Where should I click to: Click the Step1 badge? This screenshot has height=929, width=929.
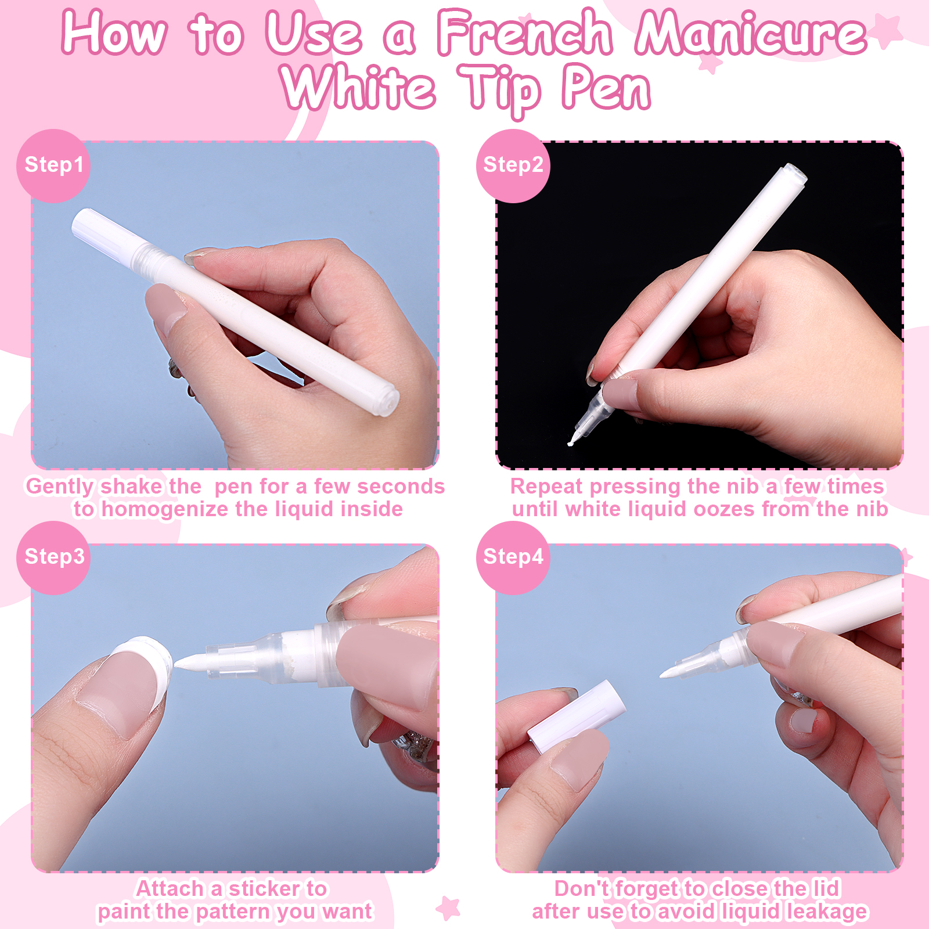click(x=53, y=165)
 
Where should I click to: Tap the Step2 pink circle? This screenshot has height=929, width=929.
click(x=513, y=165)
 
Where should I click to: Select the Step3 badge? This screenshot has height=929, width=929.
click(x=53, y=557)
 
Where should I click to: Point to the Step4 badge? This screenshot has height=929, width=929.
click(x=513, y=557)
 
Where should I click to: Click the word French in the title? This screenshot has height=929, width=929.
click(x=525, y=34)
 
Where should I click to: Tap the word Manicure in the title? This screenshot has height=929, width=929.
click(x=751, y=34)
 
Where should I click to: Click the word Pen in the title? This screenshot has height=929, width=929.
click(x=606, y=88)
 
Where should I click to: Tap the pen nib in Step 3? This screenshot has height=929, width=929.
click(x=192, y=662)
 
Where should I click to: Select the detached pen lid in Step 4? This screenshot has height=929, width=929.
click(x=577, y=717)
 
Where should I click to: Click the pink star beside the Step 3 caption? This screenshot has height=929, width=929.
click(x=448, y=908)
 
